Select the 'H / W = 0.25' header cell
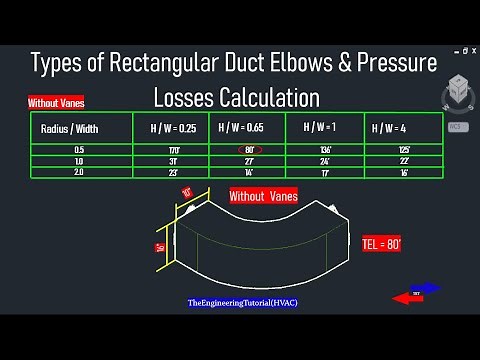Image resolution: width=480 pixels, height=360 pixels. click(173, 129)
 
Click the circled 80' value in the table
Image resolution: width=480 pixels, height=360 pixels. click(248, 150)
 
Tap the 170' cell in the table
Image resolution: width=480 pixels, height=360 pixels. click(173, 150)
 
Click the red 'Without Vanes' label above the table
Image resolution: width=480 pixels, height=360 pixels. click(56, 102)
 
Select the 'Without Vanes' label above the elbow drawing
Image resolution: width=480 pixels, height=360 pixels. click(263, 197)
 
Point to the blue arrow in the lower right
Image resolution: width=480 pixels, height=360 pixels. click(425, 288)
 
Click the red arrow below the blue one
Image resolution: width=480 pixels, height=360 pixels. click(407, 297)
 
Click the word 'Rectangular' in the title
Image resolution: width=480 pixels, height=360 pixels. click(160, 63)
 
